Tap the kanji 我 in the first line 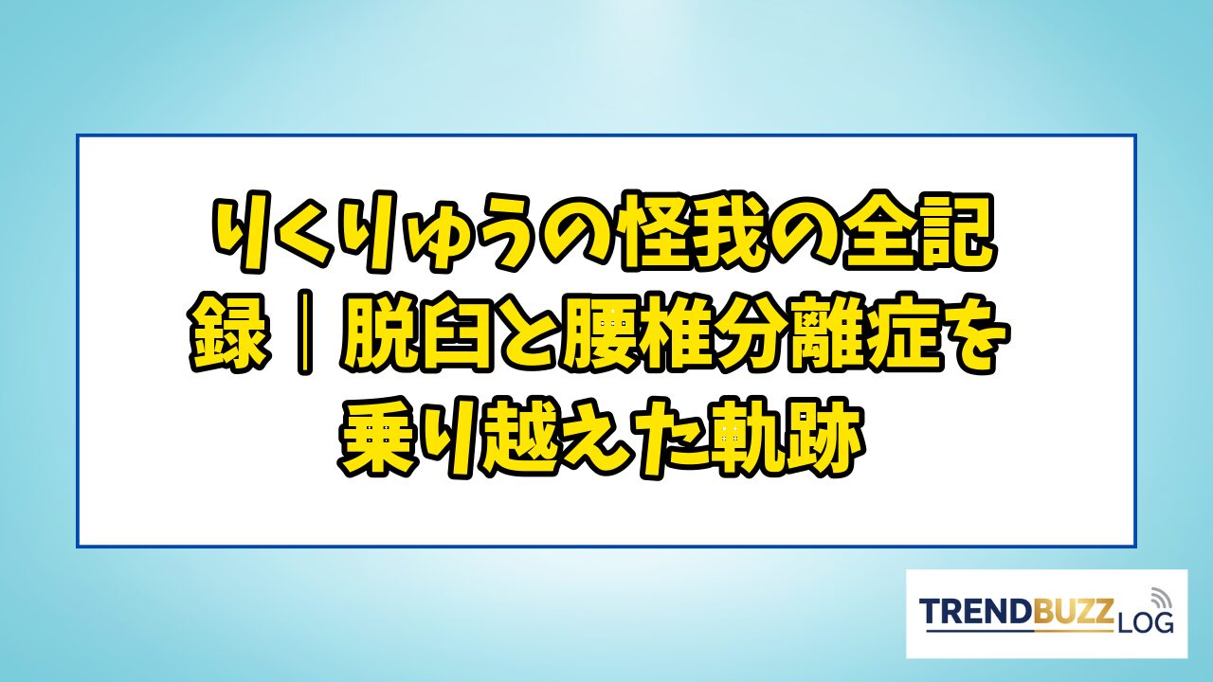coord(733,230)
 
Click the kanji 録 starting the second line coord(229,332)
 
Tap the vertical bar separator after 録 coord(305,332)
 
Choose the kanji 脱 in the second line coord(378,332)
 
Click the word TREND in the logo coord(977,612)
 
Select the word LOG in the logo coord(1145,623)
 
